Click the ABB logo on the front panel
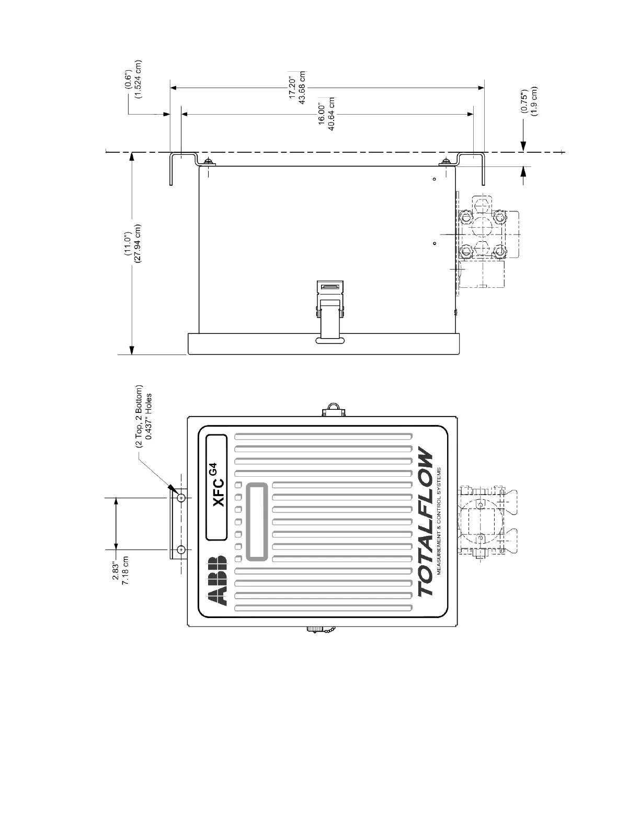tap(217, 580)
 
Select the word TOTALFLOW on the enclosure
tap(426, 524)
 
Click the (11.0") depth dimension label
tap(128, 243)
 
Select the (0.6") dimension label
tap(129, 79)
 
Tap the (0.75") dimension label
tap(524, 102)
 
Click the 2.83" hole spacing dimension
tap(116, 571)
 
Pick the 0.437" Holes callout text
tap(148, 416)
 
